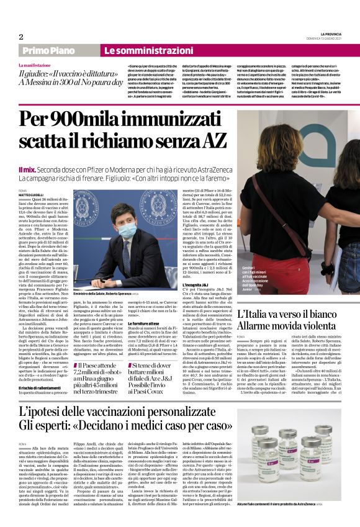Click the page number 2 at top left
pyautogui.click(x=21, y=37)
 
